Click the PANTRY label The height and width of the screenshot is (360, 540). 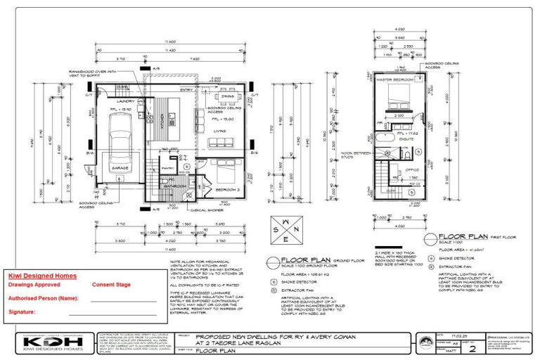point(168,169)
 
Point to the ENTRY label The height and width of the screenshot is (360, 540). point(186,90)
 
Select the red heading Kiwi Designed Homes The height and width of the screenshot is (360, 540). point(42,276)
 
